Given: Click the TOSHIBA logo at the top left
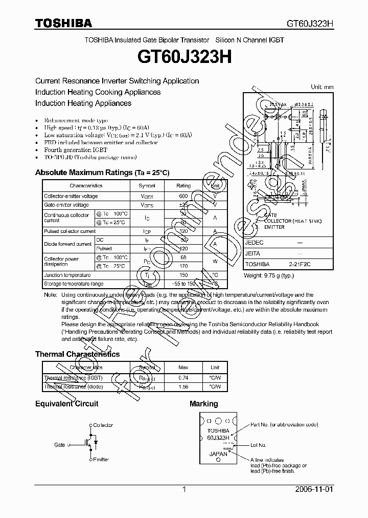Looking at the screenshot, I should (63, 23).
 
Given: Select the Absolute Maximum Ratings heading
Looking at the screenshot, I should (102, 172).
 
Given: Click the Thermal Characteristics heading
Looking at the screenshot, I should (77, 354).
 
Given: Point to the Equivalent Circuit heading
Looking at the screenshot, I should (66, 404).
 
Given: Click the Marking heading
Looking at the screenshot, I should (203, 404).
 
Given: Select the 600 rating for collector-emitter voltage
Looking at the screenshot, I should (183, 196).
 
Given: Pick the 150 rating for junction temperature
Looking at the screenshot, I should (183, 275).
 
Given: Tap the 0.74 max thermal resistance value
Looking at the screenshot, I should (183, 378).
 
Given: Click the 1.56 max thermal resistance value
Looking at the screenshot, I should (183, 387).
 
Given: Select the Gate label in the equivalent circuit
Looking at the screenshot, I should (60, 445).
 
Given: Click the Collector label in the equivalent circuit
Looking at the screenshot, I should (103, 425).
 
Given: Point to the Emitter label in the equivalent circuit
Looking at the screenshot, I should (101, 460).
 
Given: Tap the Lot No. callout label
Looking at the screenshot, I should (259, 445).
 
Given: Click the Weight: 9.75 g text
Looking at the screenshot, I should (267, 276).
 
